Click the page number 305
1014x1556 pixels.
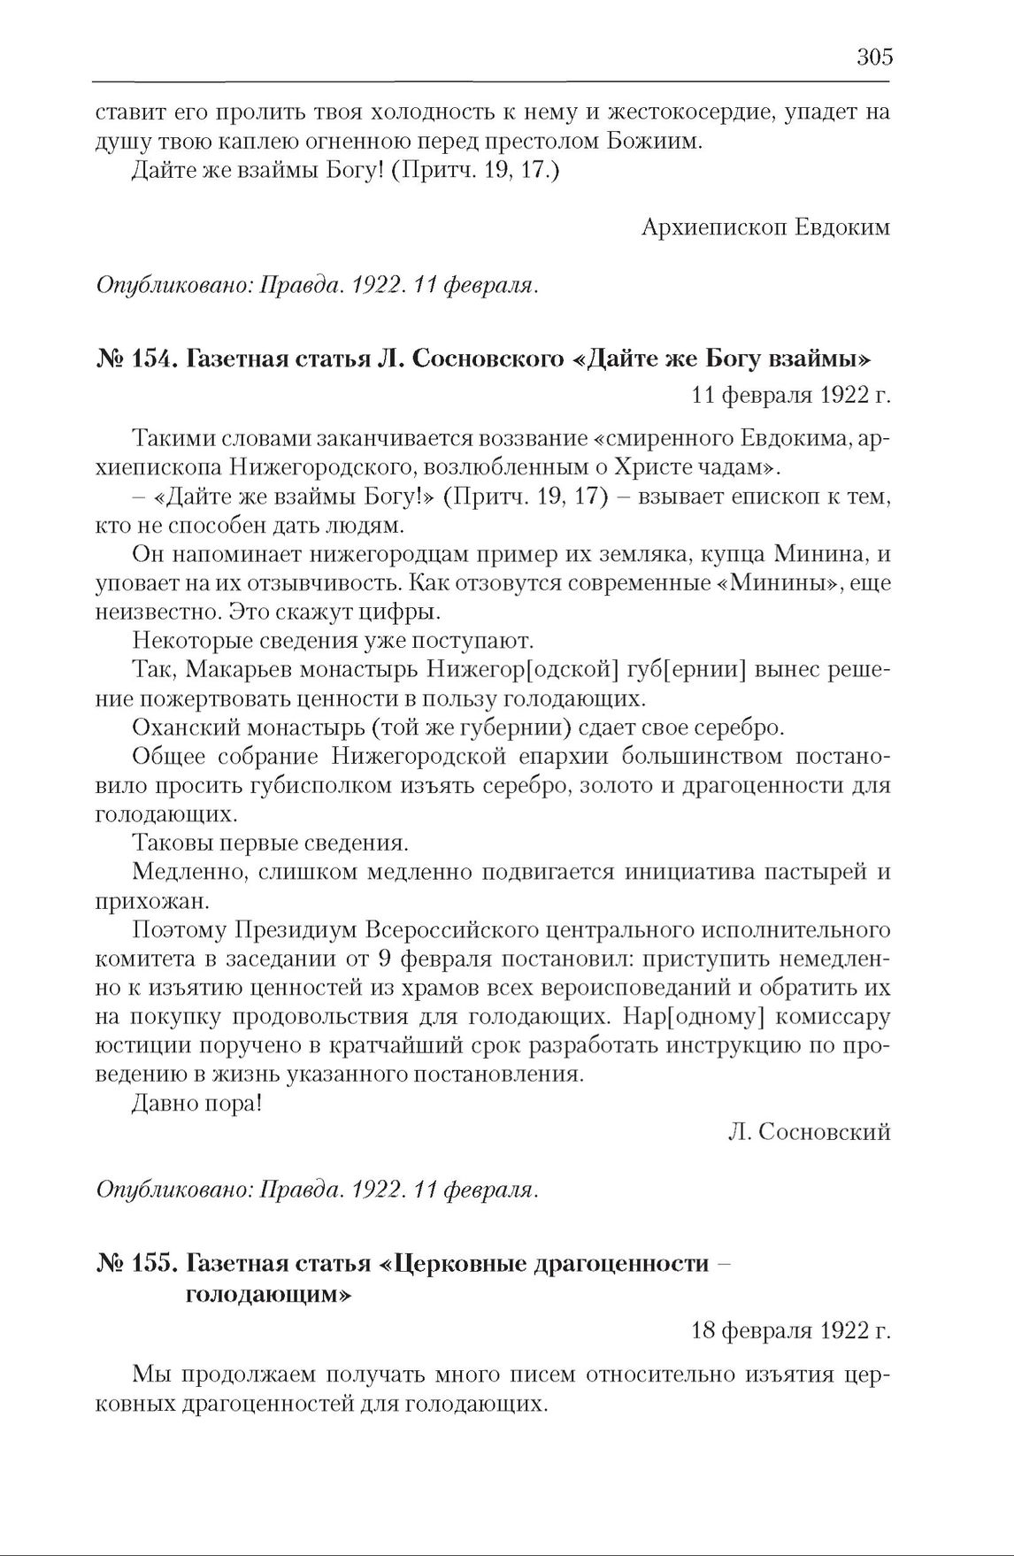[x=874, y=58]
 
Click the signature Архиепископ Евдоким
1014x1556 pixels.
[x=764, y=227]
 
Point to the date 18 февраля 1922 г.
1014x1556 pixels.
[x=790, y=1329]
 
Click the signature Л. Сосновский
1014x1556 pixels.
[x=809, y=1132]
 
